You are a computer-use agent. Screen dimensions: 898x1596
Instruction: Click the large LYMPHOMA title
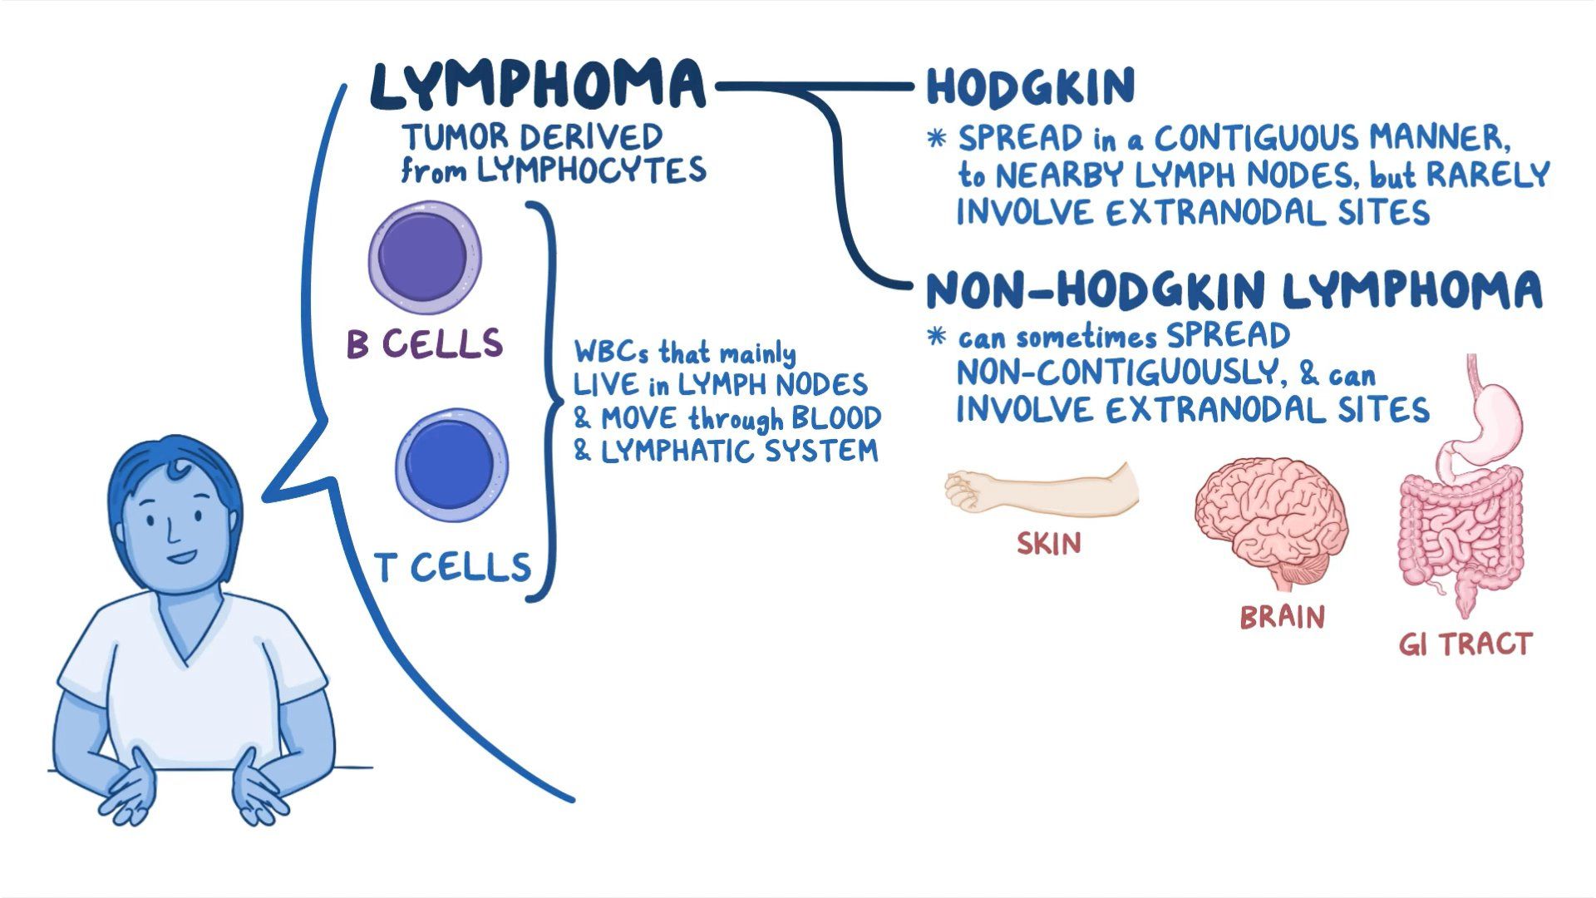537,85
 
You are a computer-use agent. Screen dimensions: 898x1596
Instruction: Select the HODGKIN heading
1030,86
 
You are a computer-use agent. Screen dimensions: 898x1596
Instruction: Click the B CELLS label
425,343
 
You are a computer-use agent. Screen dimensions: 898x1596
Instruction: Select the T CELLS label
453,567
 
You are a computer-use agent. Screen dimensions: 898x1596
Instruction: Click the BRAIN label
1282,617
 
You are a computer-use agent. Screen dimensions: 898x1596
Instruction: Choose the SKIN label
1049,544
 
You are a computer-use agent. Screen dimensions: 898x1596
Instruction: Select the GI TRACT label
1464,644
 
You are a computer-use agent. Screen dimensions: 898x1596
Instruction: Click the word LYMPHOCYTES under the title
591,170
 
